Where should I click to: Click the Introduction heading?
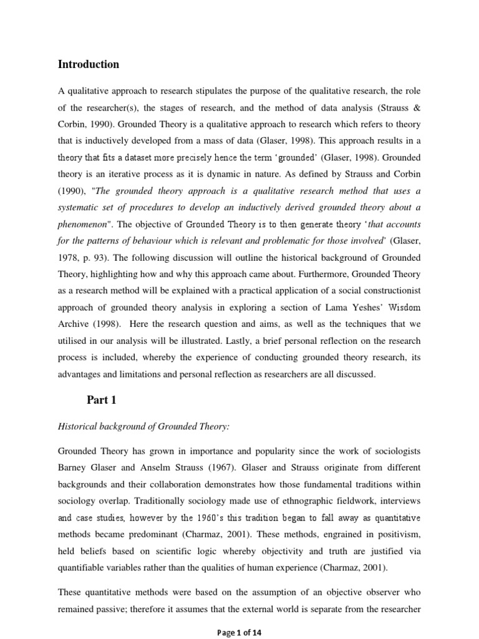click(88, 64)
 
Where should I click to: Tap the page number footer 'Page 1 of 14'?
click(239, 632)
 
